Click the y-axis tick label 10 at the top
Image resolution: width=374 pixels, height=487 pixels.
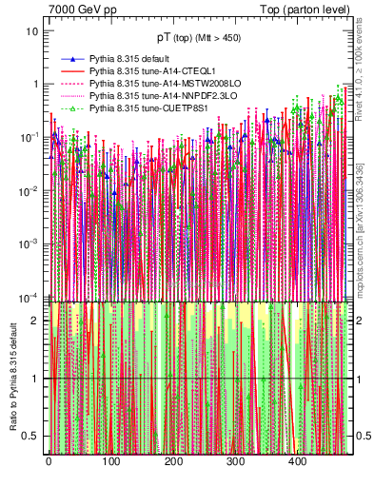tap(33, 30)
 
